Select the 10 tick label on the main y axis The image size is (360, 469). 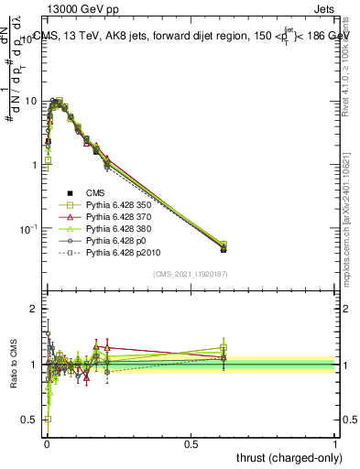pyautogui.click(x=30, y=101)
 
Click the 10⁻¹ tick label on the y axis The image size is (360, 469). pyautogui.click(x=27, y=228)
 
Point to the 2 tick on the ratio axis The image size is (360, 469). pyautogui.click(x=34, y=310)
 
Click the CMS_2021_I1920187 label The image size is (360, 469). pyautogui.click(x=191, y=274)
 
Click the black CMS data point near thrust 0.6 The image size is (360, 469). pyautogui.click(x=224, y=248)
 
